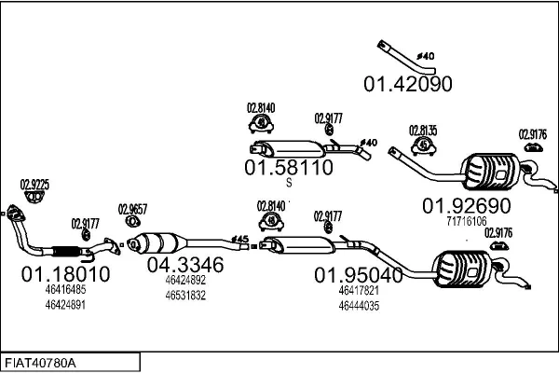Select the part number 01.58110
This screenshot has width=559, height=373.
point(288,169)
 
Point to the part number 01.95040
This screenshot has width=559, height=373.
point(358,275)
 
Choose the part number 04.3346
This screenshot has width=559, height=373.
point(185,265)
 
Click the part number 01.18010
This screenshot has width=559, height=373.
point(65,274)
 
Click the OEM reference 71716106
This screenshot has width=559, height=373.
point(467,222)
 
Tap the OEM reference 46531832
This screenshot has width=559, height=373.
point(184,295)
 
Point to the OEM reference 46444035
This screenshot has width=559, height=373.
point(358,304)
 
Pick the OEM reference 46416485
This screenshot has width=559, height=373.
point(65,290)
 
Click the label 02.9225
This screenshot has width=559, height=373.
point(34,185)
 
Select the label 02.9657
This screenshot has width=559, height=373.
point(133,209)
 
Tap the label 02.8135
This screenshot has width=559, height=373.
point(424,131)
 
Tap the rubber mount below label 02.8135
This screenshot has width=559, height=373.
point(424,147)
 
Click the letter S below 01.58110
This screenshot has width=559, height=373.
point(289,184)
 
